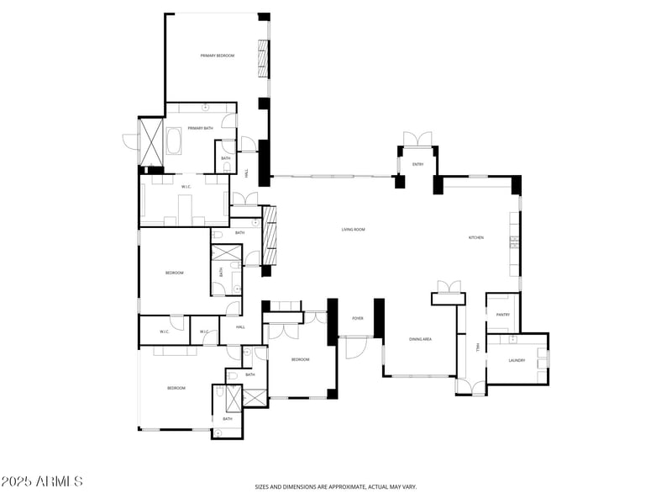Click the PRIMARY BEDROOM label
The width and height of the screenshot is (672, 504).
point(217,56)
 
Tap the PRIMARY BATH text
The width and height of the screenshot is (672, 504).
point(201,128)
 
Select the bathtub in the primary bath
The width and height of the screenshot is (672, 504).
point(175,141)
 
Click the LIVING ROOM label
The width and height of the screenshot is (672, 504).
point(353,230)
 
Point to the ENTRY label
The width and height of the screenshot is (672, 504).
point(417,164)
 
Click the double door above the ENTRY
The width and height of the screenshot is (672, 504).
point(417,139)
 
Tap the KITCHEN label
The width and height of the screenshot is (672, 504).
point(475,237)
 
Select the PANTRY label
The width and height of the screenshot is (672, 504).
point(503,315)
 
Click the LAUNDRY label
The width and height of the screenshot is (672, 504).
point(517,360)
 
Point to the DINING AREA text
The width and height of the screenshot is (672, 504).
point(420,339)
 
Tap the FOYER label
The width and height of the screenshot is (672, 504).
point(357,319)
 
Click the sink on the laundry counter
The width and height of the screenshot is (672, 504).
point(512,339)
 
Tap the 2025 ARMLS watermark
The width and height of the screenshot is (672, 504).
point(42,482)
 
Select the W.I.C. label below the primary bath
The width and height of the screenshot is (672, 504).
point(187,186)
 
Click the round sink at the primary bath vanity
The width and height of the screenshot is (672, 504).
point(205,108)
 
